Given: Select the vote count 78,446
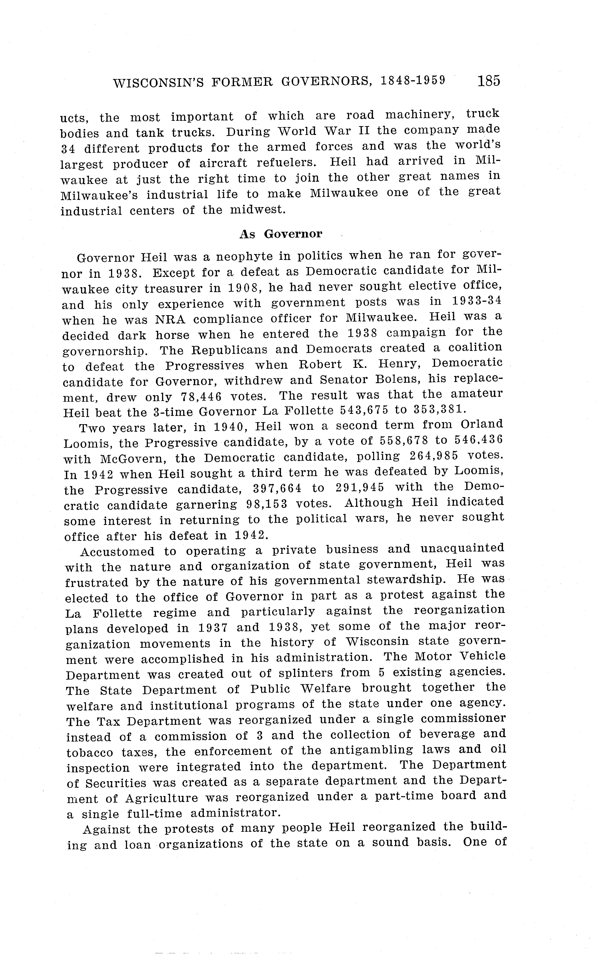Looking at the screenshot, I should [201, 397].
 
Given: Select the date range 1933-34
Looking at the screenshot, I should [477, 301].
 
